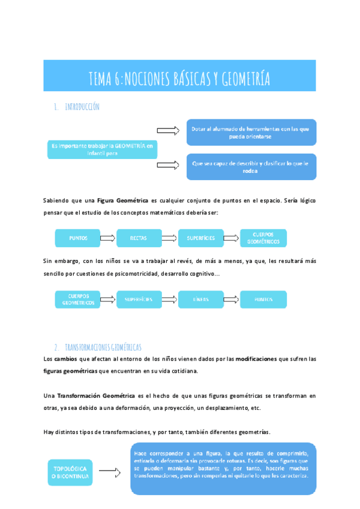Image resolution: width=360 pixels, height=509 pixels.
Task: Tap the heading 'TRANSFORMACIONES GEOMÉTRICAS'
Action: [103, 348]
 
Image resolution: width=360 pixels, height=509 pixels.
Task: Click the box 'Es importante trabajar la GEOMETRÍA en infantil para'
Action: [102, 149]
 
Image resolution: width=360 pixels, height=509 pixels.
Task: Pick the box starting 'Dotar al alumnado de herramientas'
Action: [251, 132]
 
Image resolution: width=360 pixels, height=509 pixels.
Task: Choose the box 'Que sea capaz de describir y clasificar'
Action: [251, 166]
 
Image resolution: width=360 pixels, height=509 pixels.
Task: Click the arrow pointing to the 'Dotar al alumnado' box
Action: [167, 131]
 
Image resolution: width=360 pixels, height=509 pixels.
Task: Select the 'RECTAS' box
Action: [139, 238]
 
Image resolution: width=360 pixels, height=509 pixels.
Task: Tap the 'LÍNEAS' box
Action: [200, 299]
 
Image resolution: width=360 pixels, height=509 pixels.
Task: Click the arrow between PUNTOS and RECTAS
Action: [108, 238]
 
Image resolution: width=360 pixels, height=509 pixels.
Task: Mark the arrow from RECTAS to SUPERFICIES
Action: [170, 238]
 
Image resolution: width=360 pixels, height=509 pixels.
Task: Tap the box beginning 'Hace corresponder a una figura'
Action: [222, 469]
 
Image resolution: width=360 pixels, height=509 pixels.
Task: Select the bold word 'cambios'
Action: [65, 359]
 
